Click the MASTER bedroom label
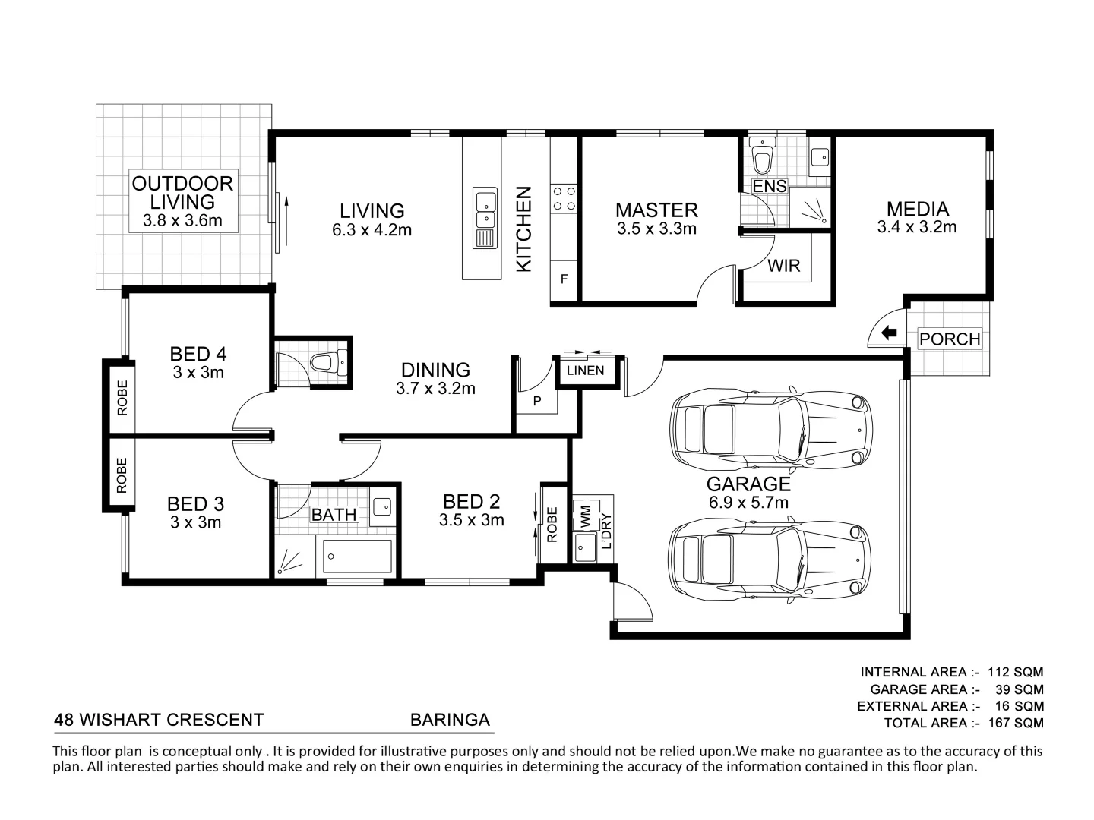coord(656,210)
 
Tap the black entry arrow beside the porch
coord(889,333)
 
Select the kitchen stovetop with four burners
coord(564,198)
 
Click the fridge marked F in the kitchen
coord(564,279)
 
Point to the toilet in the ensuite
coord(761,155)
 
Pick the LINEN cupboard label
coord(585,371)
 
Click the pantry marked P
coord(537,401)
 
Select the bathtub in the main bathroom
coord(357,556)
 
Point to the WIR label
coord(783,266)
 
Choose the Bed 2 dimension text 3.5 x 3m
coord(472,520)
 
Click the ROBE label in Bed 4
coord(122,398)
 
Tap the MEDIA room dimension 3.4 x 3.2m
coord(916,227)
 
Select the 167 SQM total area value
coord(1016,722)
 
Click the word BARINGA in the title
coord(450,720)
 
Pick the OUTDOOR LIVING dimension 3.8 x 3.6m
coord(182,220)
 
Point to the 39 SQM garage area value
coord(1020,689)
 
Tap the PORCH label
coord(950,339)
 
